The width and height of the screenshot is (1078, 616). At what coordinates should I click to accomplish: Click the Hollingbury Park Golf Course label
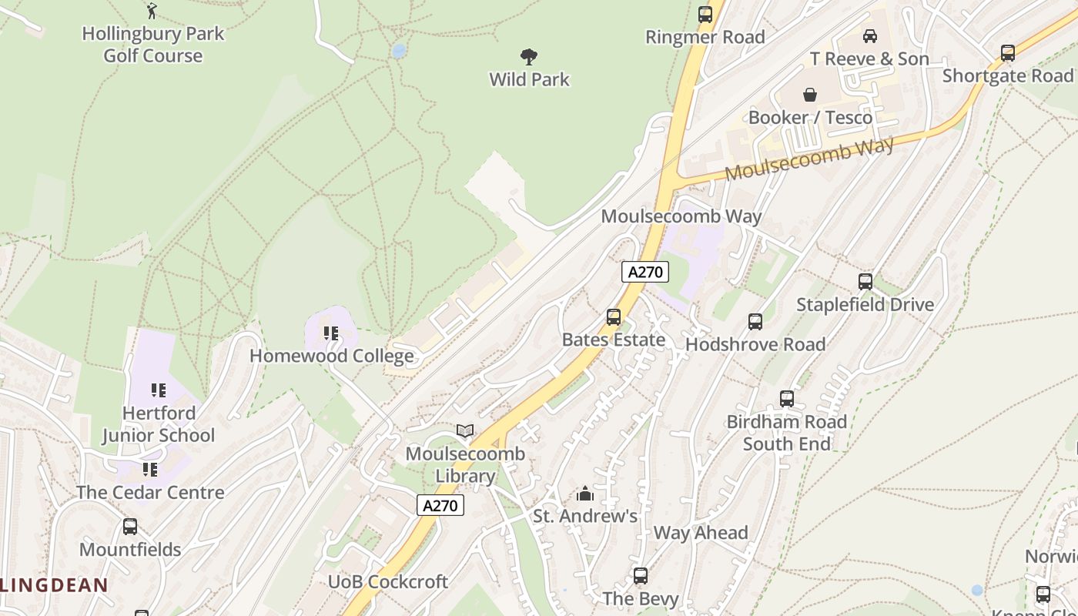point(152,45)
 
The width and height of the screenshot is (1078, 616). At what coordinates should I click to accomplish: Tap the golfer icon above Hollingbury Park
point(152,11)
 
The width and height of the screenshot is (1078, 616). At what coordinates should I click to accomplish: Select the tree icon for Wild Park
point(528,56)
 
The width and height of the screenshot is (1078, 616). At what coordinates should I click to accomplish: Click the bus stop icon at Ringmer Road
point(705,14)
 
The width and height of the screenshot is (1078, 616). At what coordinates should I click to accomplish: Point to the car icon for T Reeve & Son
point(869,35)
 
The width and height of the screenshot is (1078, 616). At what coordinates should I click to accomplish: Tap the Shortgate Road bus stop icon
point(1007,52)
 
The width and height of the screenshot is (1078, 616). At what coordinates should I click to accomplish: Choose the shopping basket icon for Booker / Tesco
point(810,95)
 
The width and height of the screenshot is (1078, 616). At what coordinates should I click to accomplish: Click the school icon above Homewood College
point(331,333)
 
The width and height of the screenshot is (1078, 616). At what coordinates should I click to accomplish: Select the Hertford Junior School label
point(159,424)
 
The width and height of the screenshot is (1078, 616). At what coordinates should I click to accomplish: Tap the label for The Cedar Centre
point(150,493)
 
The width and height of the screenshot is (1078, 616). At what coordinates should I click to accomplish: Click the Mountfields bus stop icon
point(130,527)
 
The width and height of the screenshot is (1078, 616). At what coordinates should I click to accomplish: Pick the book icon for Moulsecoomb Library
point(464,430)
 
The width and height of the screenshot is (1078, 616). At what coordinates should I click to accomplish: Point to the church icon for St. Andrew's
point(584,493)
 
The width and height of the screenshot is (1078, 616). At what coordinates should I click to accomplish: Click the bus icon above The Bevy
point(640,575)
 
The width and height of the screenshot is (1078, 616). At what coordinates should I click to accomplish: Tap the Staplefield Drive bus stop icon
point(865,281)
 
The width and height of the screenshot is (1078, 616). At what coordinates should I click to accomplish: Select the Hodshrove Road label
point(755,344)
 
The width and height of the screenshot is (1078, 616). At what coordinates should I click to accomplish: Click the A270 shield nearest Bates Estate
point(644,272)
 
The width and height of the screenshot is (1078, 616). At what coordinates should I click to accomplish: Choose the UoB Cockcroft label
point(388,582)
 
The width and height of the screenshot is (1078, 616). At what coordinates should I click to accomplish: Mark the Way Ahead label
point(700,533)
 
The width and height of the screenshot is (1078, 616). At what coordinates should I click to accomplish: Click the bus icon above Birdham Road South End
point(786,398)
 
